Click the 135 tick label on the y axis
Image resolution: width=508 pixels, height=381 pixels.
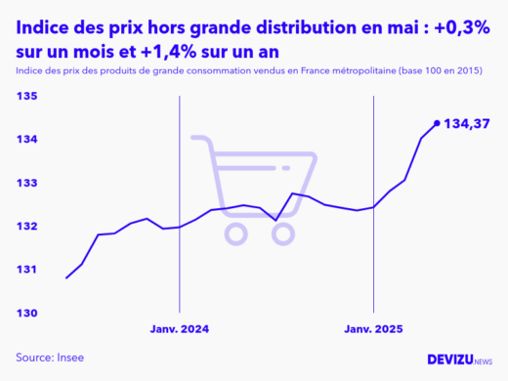coord(26,97)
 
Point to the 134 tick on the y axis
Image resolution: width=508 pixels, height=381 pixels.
coord(26,140)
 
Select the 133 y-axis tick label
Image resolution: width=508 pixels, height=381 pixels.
coord(26,183)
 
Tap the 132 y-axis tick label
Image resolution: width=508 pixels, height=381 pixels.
coord(26,226)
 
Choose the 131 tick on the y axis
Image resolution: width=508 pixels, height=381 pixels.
coord(26,269)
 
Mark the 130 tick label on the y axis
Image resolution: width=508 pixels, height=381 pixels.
coord(26,313)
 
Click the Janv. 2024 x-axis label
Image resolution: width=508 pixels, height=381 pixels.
coord(180,329)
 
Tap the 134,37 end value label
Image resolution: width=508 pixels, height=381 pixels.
coord(467,124)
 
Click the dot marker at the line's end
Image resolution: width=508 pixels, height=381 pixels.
coord(437,123)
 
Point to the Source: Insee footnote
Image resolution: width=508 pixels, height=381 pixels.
coord(50,358)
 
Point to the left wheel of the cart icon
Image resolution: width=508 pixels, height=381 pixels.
coord(234,233)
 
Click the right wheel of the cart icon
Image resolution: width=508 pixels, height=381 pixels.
coord(283,233)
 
